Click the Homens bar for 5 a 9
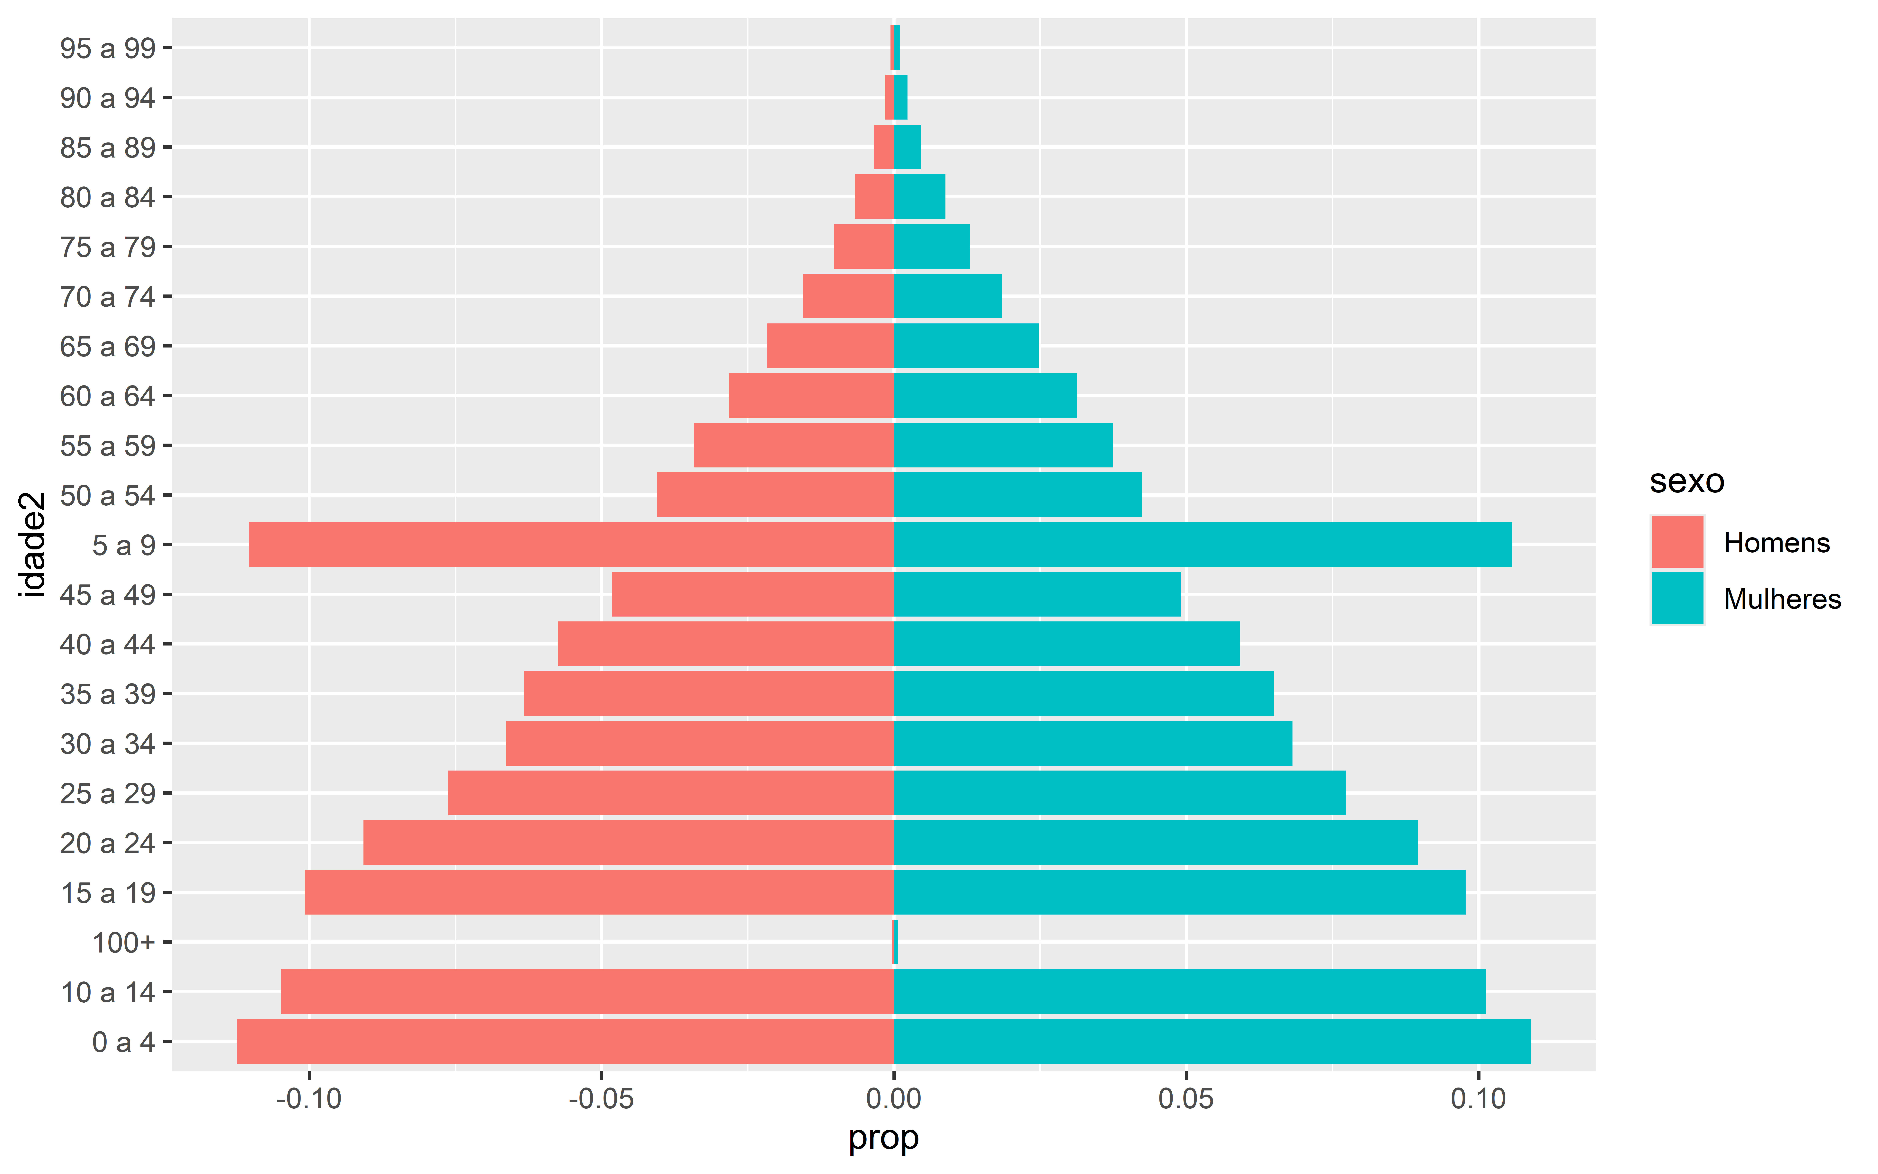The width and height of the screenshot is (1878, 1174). pyautogui.click(x=571, y=544)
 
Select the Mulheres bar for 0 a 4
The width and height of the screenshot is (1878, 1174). pyautogui.click(x=1212, y=1041)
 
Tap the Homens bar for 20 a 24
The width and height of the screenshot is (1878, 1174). pyautogui.click(x=629, y=843)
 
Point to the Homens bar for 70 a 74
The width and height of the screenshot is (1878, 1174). pyautogui.click(x=848, y=296)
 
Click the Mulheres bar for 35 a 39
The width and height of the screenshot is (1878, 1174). pyautogui.click(x=1084, y=693)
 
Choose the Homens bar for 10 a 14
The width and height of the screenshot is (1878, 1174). pyautogui.click(x=587, y=991)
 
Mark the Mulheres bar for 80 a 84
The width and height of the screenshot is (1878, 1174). pyautogui.click(x=920, y=196)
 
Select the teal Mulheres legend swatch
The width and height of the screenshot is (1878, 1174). pyautogui.click(x=1677, y=598)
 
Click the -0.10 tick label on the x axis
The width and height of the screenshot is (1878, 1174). pyautogui.click(x=309, y=1099)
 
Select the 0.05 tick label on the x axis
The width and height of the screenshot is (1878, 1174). pyautogui.click(x=1186, y=1099)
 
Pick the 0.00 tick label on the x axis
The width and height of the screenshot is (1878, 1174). pyautogui.click(x=894, y=1099)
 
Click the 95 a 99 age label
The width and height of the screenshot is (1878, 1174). pyautogui.click(x=108, y=48)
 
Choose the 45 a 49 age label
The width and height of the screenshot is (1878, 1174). pyautogui.click(x=108, y=595)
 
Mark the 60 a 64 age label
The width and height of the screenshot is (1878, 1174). pyautogui.click(x=108, y=396)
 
